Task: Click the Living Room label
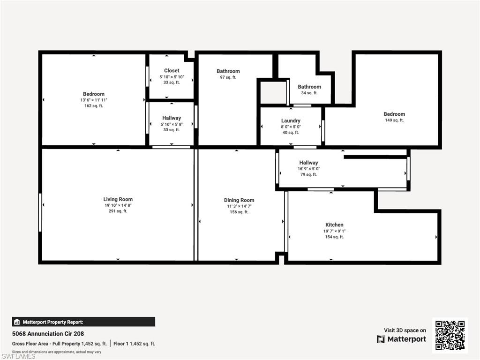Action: click(118, 199)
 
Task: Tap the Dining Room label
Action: click(239, 200)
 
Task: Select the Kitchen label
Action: click(334, 225)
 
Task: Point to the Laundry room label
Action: click(291, 120)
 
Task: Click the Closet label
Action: click(172, 71)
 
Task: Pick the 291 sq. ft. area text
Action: click(118, 211)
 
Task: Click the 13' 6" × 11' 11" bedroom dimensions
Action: click(94, 100)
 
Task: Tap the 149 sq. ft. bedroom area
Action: click(394, 120)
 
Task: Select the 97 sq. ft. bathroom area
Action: click(228, 77)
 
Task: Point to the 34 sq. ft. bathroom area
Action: click(309, 93)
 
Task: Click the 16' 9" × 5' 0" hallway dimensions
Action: click(308, 169)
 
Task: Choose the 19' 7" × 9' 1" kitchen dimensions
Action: click(334, 231)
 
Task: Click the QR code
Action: click(450, 335)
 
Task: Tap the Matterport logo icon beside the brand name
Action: click(381, 339)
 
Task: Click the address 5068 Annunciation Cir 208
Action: click(48, 334)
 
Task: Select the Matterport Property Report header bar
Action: click(83, 322)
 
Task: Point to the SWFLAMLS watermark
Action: click(18, 357)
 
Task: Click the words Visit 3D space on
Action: click(405, 330)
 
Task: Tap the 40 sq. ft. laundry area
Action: click(291, 133)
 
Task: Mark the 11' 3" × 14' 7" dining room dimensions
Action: click(239, 206)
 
